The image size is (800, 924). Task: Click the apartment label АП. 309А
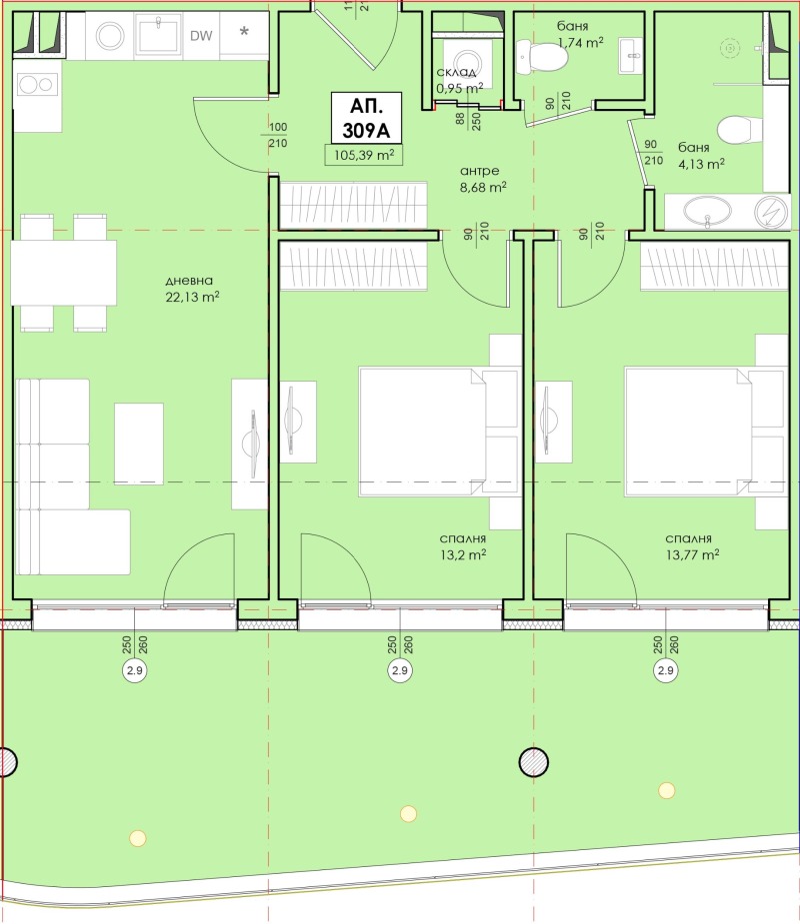[366, 118]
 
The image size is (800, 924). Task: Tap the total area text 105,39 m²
[364, 155]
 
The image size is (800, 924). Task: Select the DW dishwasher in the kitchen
[201, 35]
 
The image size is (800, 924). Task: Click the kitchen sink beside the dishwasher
[158, 34]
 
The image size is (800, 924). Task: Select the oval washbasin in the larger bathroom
[707, 211]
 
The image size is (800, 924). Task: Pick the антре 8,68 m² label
[483, 179]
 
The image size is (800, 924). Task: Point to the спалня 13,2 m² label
[463, 546]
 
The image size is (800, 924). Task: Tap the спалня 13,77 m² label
[692, 546]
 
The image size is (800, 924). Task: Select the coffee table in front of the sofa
[139, 444]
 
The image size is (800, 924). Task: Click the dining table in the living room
[64, 273]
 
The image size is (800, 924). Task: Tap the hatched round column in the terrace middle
[533, 762]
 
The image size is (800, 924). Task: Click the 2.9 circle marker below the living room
[135, 670]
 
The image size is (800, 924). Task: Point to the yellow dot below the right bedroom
[667, 790]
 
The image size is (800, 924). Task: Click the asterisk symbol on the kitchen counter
[244, 31]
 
